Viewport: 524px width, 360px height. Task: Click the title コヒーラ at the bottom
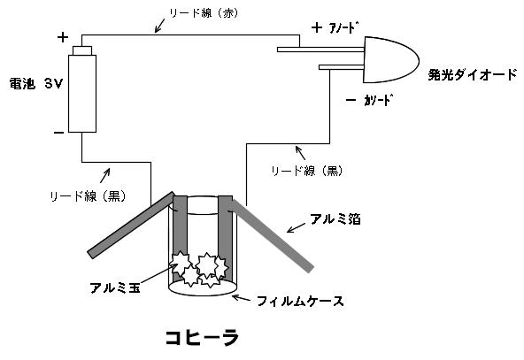tap(203, 337)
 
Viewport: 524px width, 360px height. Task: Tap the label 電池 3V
tap(35, 83)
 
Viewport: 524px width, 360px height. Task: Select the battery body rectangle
tap(82, 94)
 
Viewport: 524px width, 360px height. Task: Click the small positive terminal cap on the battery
tap(82, 50)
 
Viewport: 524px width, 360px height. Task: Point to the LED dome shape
tap(390, 60)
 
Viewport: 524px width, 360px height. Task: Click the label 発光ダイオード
tap(473, 74)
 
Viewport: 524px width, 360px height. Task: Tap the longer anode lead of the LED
tap(320, 50)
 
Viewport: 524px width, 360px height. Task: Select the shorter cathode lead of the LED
tap(341, 67)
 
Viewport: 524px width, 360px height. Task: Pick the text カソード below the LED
tap(378, 100)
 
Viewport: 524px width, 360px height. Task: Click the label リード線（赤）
tap(204, 13)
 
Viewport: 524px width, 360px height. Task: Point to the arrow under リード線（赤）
tap(159, 26)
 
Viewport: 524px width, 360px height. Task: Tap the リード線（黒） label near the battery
tap(88, 196)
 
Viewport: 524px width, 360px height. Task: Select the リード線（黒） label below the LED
tap(307, 171)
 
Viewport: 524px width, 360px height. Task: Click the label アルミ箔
tap(335, 219)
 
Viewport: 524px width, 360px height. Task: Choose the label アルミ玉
tap(115, 287)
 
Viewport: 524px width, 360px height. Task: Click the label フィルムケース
tap(300, 302)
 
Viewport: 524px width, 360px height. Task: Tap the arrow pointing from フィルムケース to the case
tap(242, 297)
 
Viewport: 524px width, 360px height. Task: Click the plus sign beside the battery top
tap(63, 37)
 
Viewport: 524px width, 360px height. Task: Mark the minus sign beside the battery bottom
tap(58, 133)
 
